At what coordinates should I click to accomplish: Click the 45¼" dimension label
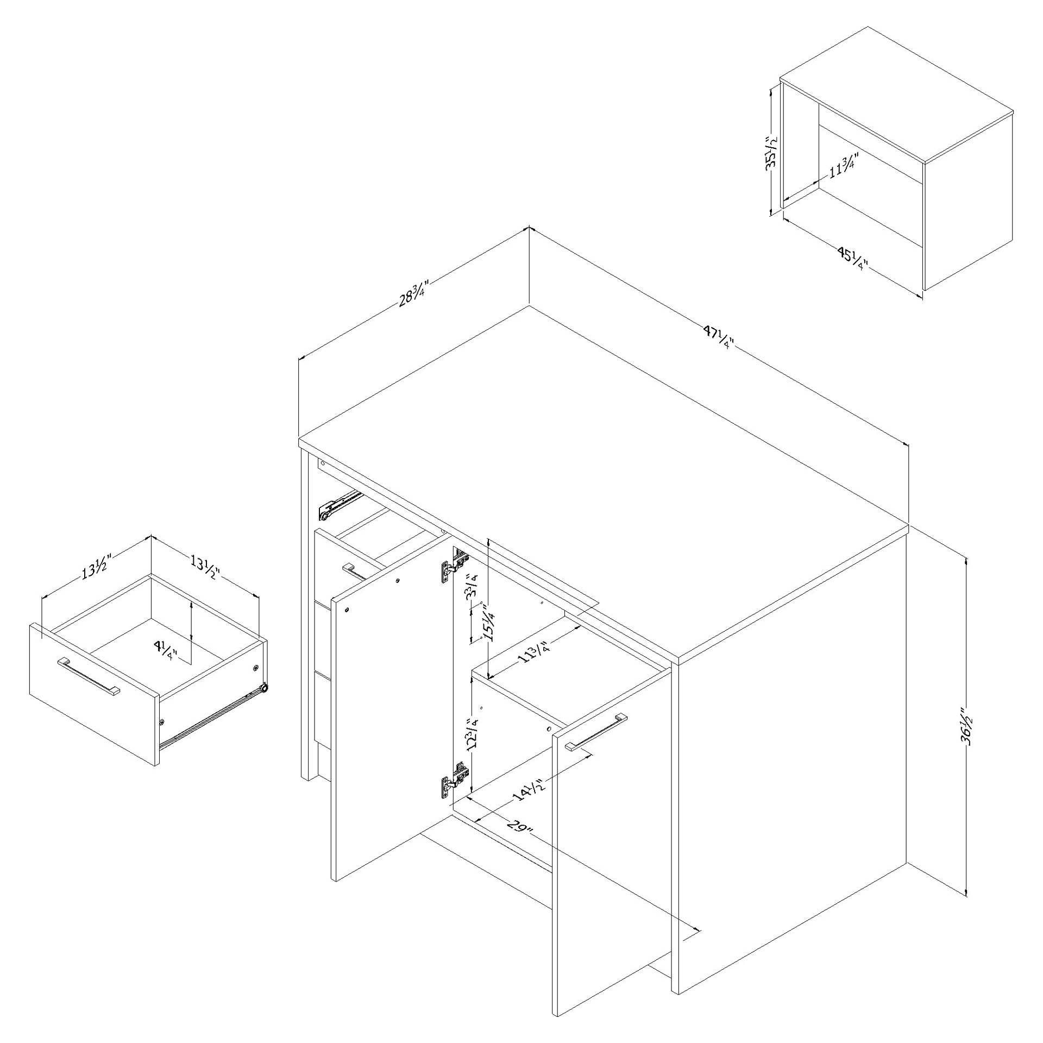coord(851,258)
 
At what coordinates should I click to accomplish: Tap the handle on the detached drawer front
coord(89,677)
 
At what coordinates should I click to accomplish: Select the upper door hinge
coord(454,565)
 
